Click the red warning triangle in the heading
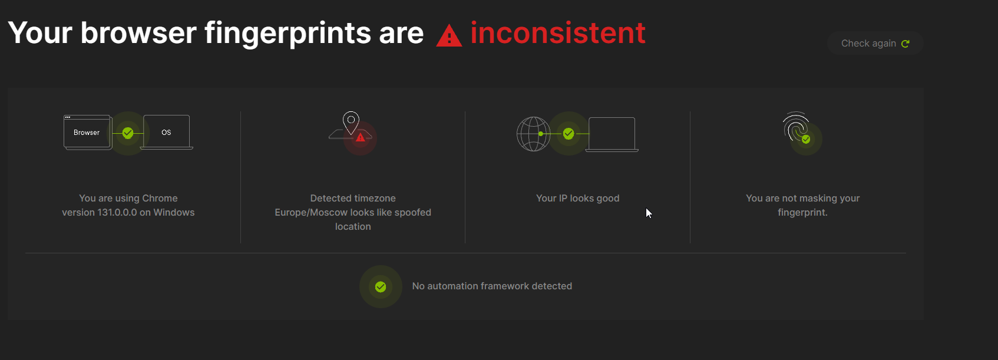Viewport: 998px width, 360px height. (449, 36)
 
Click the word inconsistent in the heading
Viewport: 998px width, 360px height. (557, 32)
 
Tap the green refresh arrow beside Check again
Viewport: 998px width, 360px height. (906, 44)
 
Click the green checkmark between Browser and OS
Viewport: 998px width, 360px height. (128, 133)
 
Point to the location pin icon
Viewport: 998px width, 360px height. (351, 123)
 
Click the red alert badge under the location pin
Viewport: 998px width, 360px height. (361, 137)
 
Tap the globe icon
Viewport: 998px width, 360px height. (533, 134)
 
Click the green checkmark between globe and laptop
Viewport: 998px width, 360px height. (569, 134)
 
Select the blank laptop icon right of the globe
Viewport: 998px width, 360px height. (612, 134)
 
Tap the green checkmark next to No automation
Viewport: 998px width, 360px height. (381, 287)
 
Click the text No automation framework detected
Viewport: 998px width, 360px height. (492, 286)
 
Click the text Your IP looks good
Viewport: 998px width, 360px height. (577, 199)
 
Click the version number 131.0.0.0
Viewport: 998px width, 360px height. (117, 213)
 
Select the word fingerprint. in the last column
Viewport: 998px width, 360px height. (802, 213)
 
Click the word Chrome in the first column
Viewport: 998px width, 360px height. (160, 199)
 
